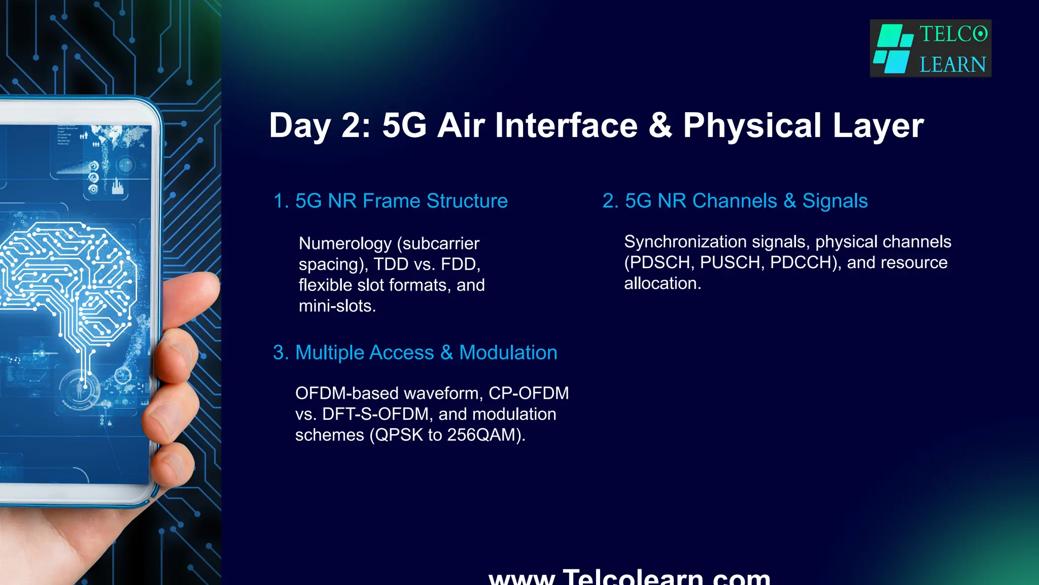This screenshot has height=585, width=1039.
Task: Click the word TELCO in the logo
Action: [x=953, y=35]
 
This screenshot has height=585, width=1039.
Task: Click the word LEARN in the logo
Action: [x=952, y=65]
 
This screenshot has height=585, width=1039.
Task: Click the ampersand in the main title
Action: [x=661, y=125]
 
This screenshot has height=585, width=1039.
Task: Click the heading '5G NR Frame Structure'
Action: [x=401, y=201]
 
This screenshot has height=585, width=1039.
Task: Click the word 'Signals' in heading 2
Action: [x=835, y=201]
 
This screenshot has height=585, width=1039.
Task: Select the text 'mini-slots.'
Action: [x=337, y=306]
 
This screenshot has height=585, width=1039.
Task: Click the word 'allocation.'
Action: [x=662, y=283]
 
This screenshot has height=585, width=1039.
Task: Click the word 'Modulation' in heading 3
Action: [x=508, y=352]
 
